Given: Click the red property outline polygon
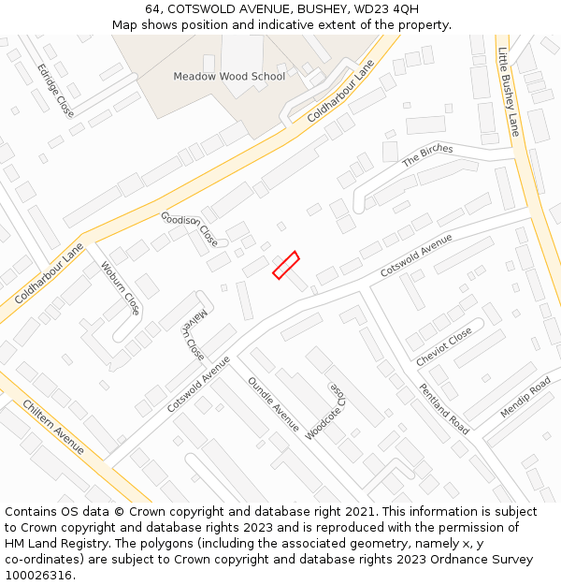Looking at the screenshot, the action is click(285, 265).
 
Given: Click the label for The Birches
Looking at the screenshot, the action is click(427, 155).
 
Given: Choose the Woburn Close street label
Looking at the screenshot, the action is click(120, 287).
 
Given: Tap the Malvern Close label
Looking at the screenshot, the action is click(191, 334).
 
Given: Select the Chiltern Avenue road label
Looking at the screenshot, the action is click(52, 427).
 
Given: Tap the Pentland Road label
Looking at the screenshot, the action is click(444, 409).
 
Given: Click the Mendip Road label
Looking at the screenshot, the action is click(525, 398).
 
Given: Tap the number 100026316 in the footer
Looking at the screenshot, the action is click(38, 575).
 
